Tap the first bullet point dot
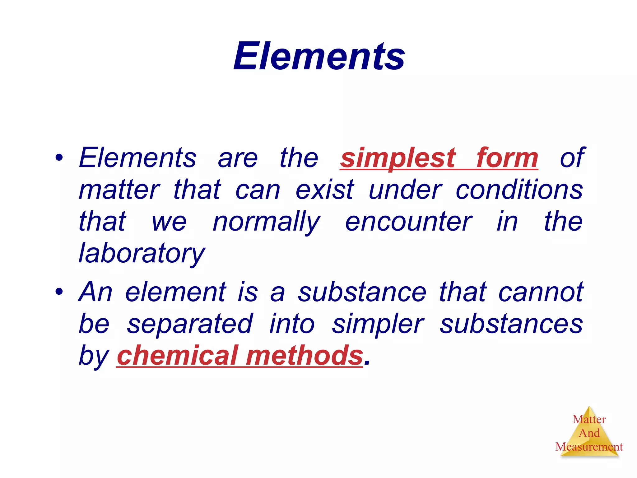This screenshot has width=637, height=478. (x=59, y=157)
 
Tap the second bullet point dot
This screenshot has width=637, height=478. (x=59, y=292)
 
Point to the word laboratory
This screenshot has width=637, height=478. (x=142, y=253)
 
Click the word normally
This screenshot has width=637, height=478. (x=266, y=222)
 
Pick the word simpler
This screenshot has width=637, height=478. (x=378, y=324)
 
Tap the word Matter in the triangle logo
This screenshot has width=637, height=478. (x=589, y=419)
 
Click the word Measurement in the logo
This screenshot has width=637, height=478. (x=589, y=447)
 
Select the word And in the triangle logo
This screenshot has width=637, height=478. (x=589, y=433)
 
